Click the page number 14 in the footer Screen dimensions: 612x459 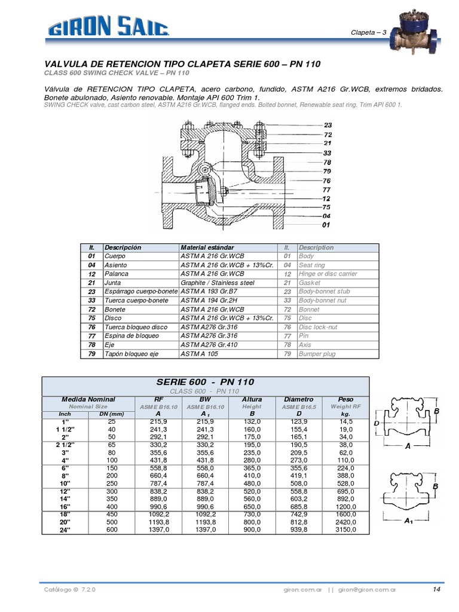pos(436,589)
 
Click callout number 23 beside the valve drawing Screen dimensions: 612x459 pos(328,126)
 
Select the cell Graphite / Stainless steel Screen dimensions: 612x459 pos(218,283)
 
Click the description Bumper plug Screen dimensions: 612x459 pos(317,354)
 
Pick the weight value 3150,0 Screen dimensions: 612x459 pos(345,530)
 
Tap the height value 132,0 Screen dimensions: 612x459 pos(252,421)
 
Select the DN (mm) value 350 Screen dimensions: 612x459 pos(112,498)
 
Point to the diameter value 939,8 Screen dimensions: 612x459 pos(298,530)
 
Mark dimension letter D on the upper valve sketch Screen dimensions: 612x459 pos(377,423)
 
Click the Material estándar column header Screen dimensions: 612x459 pos(207,247)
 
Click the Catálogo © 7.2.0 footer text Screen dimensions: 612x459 pos(69,589)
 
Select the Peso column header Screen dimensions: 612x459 pos(345,399)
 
